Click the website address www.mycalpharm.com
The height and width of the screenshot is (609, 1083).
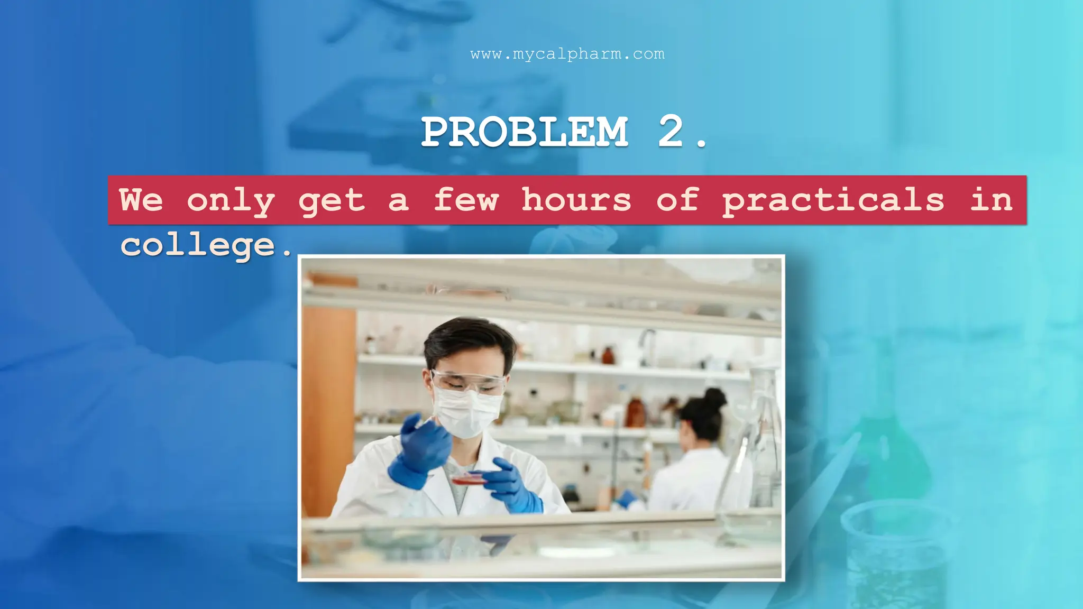click(x=567, y=54)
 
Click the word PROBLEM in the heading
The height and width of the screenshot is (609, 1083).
click(x=525, y=132)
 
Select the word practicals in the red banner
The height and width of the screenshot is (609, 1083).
click(x=833, y=201)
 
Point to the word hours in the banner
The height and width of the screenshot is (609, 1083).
click(x=576, y=200)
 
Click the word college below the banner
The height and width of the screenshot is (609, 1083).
click(x=198, y=245)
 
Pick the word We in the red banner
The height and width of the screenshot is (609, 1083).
click(x=141, y=200)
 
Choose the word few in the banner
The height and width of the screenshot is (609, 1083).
click(x=466, y=200)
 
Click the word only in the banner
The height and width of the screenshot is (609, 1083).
click(x=231, y=201)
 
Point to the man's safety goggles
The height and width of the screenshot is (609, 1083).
click(x=468, y=382)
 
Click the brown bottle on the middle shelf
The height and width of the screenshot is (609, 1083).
click(x=635, y=412)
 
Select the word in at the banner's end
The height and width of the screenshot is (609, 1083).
click(x=991, y=200)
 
